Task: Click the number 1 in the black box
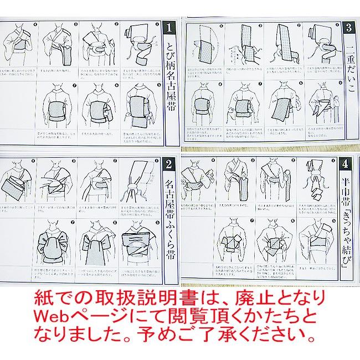click(172, 26)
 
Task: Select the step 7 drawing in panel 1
click(55, 102)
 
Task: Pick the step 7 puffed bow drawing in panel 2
click(55, 241)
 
